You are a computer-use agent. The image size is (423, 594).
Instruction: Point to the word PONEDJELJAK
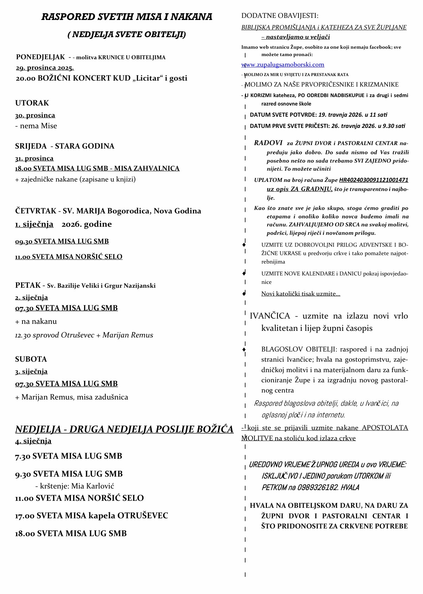click(40, 57)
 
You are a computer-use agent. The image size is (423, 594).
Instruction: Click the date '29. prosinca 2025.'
click(45, 68)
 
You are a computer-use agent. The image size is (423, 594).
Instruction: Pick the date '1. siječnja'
click(34, 224)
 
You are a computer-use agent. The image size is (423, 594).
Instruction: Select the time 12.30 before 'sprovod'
click(23, 335)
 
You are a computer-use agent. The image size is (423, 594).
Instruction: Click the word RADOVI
click(268, 143)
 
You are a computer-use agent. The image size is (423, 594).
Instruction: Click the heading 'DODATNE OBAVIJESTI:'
click(280, 16)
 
